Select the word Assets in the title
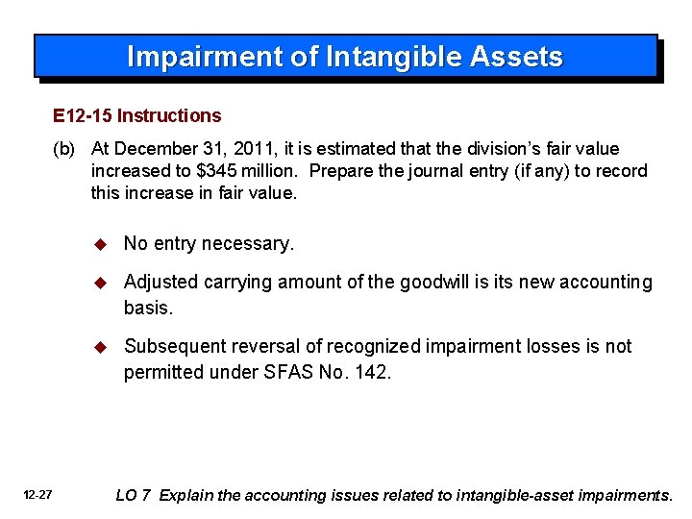(517, 58)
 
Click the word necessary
(252, 244)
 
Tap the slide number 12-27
(39, 496)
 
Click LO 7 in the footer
(133, 496)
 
